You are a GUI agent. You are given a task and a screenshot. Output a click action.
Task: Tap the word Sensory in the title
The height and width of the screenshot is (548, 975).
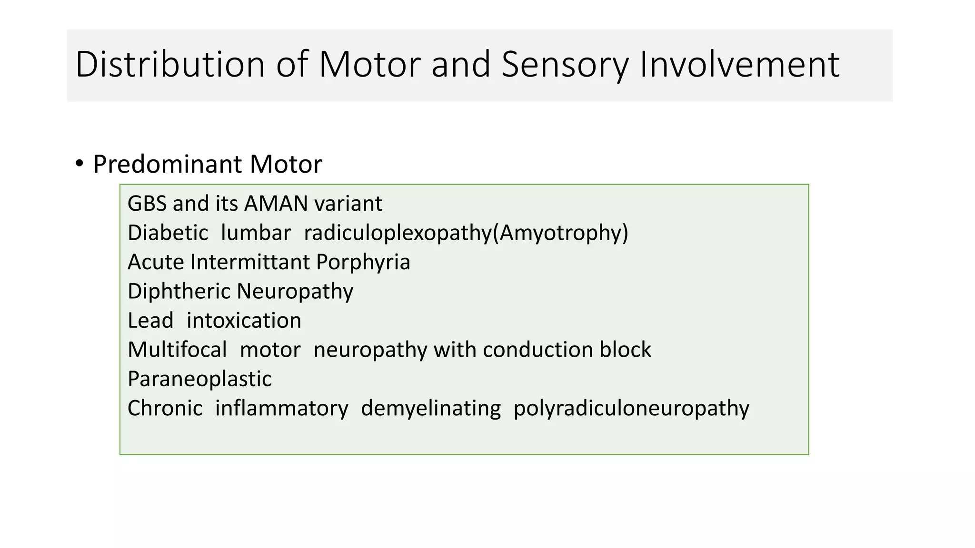[565, 64]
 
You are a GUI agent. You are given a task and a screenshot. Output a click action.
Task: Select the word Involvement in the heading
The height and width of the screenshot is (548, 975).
[739, 64]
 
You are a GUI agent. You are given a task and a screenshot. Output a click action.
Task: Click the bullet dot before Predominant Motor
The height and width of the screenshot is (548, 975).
[79, 163]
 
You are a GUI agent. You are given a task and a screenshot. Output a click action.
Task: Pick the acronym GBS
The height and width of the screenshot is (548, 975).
[147, 204]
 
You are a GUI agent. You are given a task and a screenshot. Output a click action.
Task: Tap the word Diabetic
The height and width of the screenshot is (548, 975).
[168, 233]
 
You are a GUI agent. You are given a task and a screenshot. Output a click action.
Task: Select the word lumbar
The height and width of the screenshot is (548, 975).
[256, 233]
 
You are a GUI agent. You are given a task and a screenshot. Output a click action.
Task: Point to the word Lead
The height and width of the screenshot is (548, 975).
[150, 321]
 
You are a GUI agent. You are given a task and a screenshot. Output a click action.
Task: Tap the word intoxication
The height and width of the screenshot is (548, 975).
[244, 321]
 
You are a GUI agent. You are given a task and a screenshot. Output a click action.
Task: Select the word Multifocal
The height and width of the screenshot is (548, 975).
[177, 350]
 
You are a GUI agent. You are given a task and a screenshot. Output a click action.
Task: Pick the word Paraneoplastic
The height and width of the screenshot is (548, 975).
[199, 379]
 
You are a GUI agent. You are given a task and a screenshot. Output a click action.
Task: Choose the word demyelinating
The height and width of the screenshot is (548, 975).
[431, 408]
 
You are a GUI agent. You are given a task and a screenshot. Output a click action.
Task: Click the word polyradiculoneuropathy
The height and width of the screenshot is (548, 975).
[631, 408]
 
